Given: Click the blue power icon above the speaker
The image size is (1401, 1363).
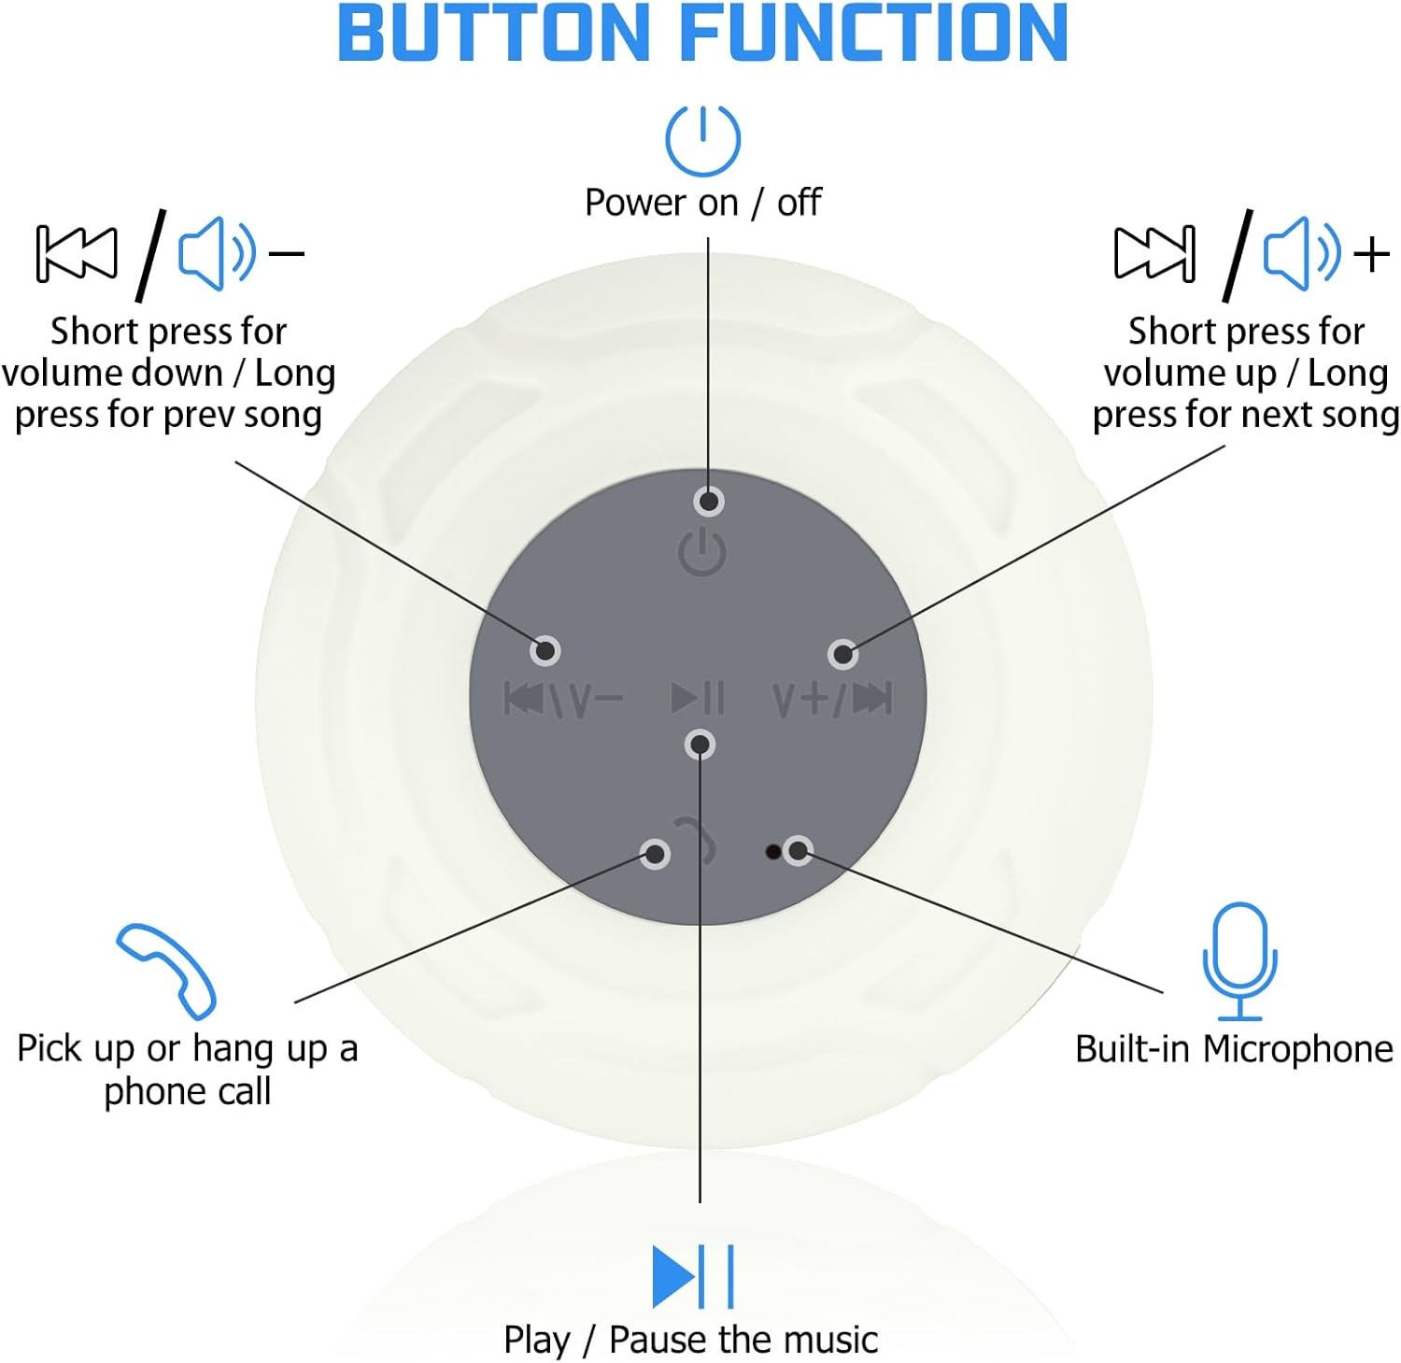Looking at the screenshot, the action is (702, 140).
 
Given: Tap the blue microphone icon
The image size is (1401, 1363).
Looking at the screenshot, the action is (1239, 959).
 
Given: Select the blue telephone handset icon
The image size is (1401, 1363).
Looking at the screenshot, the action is (166, 970).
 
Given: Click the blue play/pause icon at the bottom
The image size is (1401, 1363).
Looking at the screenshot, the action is (692, 1276).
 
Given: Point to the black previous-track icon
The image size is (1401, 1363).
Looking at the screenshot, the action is (77, 253).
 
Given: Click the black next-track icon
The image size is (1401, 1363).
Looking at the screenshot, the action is (1154, 253).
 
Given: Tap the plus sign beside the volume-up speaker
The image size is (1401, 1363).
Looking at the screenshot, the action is (1372, 253).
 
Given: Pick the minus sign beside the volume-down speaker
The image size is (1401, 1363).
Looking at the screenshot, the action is (286, 253).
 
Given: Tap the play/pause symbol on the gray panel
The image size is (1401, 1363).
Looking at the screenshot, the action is (698, 698).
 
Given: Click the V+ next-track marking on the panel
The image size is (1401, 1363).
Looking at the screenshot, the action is (832, 699).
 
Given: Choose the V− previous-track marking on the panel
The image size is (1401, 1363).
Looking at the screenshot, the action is (563, 699).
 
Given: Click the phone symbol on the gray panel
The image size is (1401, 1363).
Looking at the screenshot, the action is (697, 838).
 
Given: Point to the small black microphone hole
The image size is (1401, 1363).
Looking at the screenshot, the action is (772, 851).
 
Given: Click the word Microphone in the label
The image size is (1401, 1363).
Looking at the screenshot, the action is (1297, 1048).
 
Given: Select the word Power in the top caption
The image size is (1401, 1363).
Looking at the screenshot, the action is (660, 202).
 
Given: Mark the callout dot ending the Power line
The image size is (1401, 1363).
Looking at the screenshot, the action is (709, 502).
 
